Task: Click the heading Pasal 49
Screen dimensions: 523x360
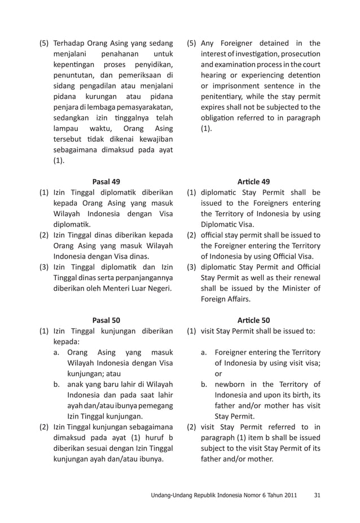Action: pos(106,181)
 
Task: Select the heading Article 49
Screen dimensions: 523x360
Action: pos(253,181)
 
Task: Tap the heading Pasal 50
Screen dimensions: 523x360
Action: pos(106,320)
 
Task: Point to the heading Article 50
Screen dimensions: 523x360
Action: pos(253,320)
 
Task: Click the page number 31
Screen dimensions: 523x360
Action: pos(317,496)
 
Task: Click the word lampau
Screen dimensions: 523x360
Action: pos(64,129)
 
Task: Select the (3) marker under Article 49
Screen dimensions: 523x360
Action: pos(192,267)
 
